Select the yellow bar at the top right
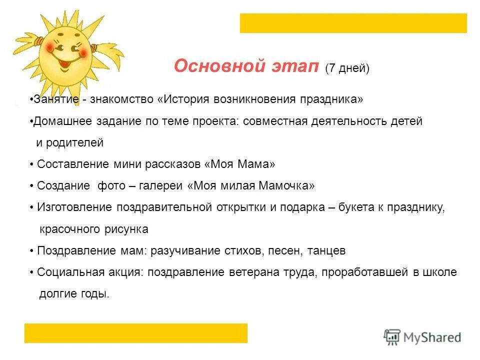click(353, 23)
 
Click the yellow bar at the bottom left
click(136, 333)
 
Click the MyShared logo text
click(433, 337)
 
